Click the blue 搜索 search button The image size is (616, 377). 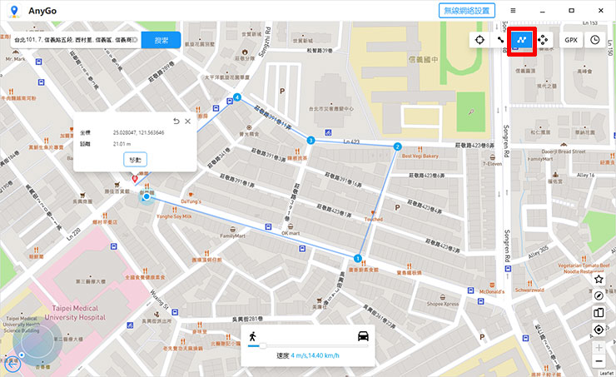pyautogui.click(x=161, y=39)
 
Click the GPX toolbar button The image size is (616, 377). pyautogui.click(x=570, y=39)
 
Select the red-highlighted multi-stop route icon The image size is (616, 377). pyautogui.click(x=521, y=39)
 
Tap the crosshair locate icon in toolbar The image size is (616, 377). pyautogui.click(x=480, y=39)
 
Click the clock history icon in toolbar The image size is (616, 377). pyautogui.click(x=595, y=39)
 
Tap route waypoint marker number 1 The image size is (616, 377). pyautogui.click(x=358, y=257)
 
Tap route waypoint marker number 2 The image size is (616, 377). pyautogui.click(x=397, y=146)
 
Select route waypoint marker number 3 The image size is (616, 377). pyautogui.click(x=310, y=141)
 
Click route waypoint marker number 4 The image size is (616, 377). pyautogui.click(x=237, y=98)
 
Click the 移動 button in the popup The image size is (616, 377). pyautogui.click(x=135, y=159)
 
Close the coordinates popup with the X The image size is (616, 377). pyautogui.click(x=188, y=122)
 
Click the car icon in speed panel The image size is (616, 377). pyautogui.click(x=363, y=336)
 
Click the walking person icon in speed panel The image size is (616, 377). pyautogui.click(x=251, y=336)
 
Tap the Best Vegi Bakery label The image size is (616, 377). pyautogui.click(x=420, y=156)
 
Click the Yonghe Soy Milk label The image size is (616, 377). pyautogui.click(x=176, y=216)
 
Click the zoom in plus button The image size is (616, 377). pyautogui.click(x=599, y=345)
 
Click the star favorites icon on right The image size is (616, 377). pyautogui.click(x=599, y=279)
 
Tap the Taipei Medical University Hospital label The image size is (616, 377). pyautogui.click(x=78, y=312)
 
